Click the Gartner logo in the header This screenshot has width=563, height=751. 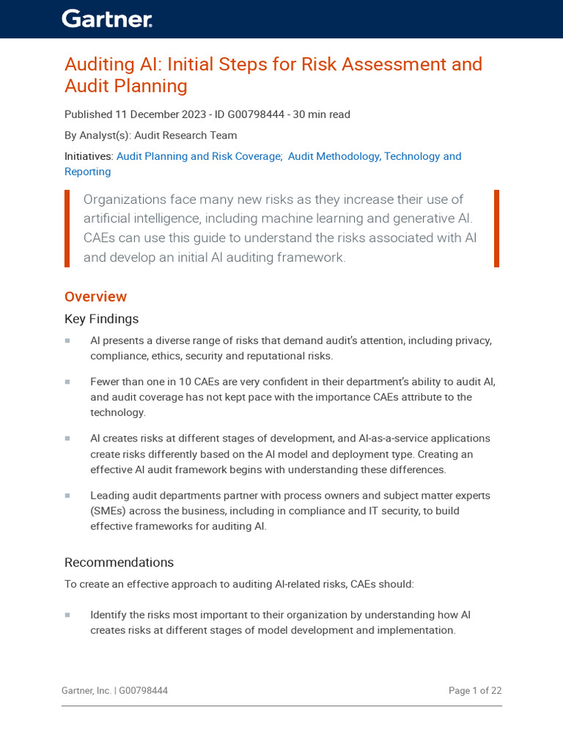coord(107,19)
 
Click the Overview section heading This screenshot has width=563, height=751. coord(95,296)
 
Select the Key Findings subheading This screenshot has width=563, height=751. coord(101,319)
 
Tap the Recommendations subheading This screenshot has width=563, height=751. coord(119,563)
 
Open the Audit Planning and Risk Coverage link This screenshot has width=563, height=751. coord(199,156)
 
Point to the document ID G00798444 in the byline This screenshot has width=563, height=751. coord(249,114)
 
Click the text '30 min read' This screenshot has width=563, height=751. coord(322,114)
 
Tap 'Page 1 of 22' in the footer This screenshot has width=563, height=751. coord(475,691)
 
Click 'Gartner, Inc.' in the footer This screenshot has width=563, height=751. coord(87,691)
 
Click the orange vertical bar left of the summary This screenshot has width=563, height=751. coord(67,229)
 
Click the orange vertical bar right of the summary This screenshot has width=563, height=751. coord(496,229)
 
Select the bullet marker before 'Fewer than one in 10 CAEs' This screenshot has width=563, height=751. coord(67,381)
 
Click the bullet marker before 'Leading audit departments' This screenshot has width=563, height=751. coord(67,496)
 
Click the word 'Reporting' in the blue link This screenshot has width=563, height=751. coord(87,172)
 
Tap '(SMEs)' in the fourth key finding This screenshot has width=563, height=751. coord(108,511)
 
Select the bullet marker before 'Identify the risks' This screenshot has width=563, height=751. coord(67,615)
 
